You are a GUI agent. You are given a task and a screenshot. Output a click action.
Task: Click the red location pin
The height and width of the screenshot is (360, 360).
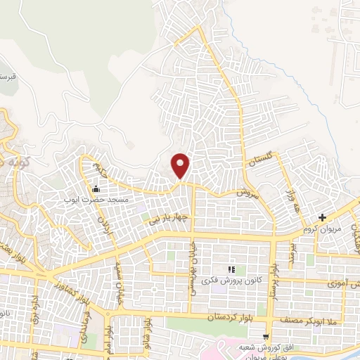pos(181,165)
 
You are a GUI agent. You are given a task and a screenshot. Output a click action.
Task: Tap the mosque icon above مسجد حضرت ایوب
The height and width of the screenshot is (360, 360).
pos(96,188)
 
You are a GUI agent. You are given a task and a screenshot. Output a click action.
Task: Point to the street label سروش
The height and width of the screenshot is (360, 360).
pos(247,191)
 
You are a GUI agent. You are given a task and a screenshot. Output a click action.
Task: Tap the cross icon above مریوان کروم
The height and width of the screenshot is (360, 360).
pos(322,217)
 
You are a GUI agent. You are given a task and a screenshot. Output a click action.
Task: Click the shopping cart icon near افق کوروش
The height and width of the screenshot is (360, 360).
pos(266,336)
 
